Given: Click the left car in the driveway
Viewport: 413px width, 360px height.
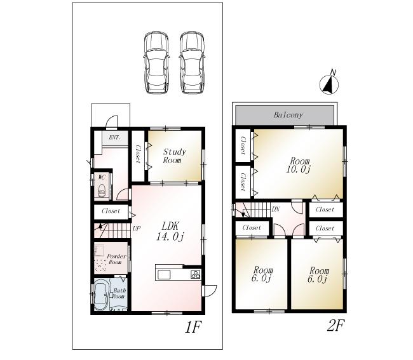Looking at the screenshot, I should (156, 62).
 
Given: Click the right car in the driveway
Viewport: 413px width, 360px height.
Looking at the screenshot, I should (192, 62).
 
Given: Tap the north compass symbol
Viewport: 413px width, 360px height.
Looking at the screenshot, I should (328, 84).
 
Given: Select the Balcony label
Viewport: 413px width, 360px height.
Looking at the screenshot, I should (288, 115).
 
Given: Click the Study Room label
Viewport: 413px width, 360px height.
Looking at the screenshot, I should (174, 156).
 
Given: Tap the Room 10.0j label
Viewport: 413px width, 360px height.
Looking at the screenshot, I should (299, 164).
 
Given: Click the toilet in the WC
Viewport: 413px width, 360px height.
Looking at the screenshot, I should (100, 189).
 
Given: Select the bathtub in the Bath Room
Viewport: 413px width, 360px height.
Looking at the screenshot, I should (102, 296).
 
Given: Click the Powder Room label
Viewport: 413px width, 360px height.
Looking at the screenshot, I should (116, 259).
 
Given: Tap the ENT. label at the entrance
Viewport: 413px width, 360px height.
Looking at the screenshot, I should (114, 137).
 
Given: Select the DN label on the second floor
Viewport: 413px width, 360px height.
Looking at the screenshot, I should (276, 209).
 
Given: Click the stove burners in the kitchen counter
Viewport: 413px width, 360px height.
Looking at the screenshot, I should (195, 274).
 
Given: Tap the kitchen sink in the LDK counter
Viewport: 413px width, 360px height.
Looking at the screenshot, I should (165, 274).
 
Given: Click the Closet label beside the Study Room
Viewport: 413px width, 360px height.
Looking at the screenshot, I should (138, 154).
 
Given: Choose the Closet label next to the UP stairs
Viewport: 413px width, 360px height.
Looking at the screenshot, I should (111, 211).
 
